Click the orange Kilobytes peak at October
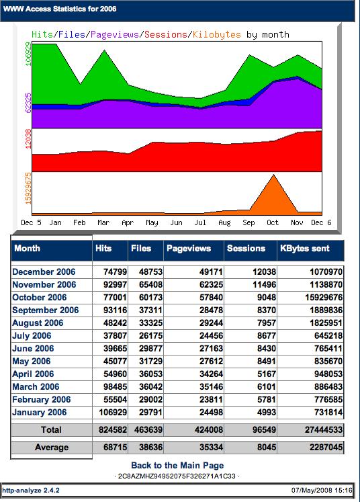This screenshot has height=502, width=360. tap(273, 175)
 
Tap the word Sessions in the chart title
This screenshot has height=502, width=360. tap(166, 34)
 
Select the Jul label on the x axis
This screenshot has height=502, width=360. tap(200, 222)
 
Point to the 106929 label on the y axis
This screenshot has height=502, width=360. tap(28, 54)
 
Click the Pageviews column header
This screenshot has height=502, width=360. tap(189, 249)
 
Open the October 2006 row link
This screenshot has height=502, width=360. tap(40, 298)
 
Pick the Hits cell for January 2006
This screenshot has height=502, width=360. tap(113, 413)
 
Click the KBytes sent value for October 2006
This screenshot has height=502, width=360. tap(324, 298)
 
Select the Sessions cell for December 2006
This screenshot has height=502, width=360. tap(264, 271)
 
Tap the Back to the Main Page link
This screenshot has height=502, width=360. tap(177, 466)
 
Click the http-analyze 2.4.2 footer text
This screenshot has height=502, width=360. tap(31, 491)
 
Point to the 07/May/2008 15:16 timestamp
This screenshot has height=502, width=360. tap(322, 491)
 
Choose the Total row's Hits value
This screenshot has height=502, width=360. tap(113, 429)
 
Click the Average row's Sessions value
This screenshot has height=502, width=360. tap(267, 448)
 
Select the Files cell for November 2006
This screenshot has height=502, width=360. tap(150, 285)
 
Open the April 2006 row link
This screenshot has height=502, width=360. tap(33, 374)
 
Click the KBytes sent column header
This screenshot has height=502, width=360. tap(305, 249)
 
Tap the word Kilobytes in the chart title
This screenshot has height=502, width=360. tap(217, 34)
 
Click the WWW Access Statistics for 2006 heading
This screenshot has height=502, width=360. tap(60, 9)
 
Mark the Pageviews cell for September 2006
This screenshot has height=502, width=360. tap(211, 310)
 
